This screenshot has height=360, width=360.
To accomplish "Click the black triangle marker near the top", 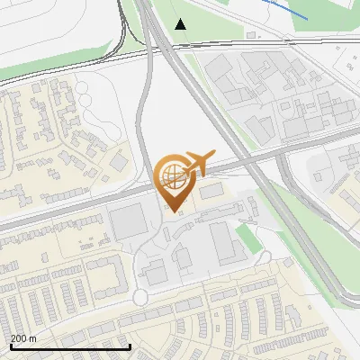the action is pyautogui.click(x=181, y=23).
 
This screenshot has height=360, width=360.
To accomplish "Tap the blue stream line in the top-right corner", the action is pyautogui.click(x=288, y=11).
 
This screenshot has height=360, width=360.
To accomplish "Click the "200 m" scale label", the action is pyautogui.click(x=23, y=338).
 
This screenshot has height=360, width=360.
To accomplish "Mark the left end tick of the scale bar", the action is pyautogui.click(x=10, y=346).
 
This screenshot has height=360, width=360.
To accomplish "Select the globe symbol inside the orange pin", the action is pyautogui.click(x=171, y=175).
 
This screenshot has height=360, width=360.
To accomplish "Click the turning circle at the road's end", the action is pyautogui.click(x=140, y=297).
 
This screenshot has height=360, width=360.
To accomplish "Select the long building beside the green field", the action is pyautogui.click(x=223, y=243).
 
